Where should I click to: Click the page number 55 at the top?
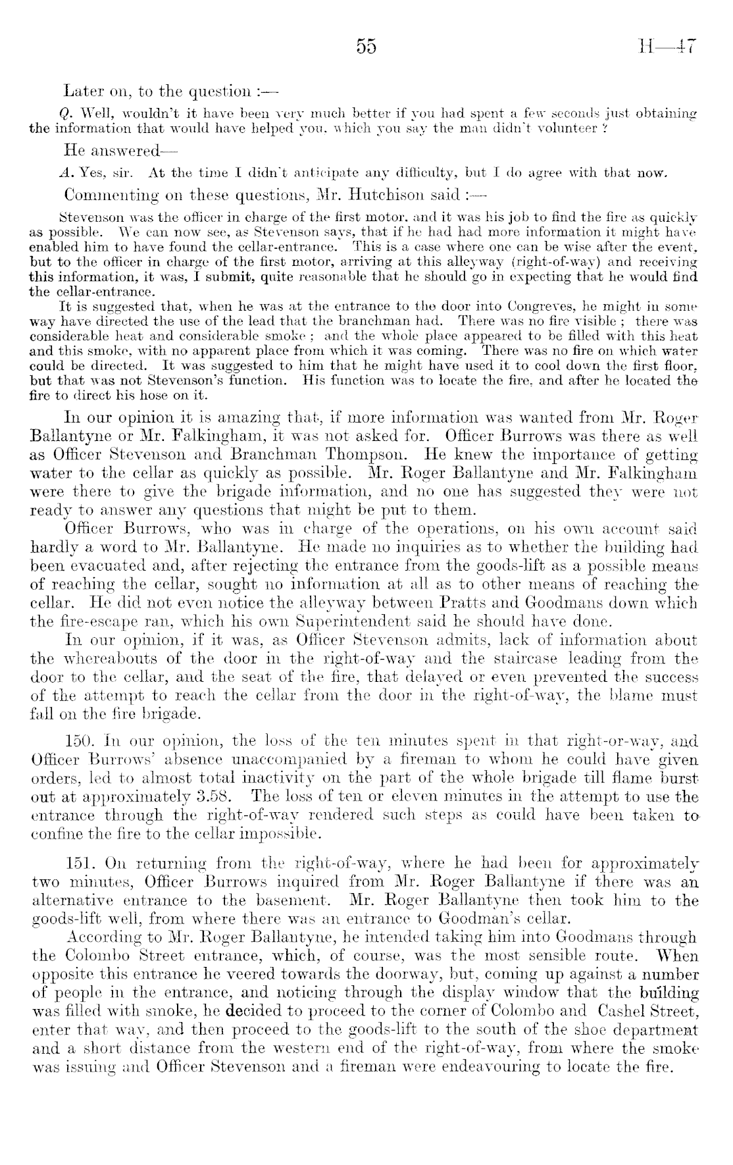pyautogui.click(x=366, y=47)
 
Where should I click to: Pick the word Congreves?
pyautogui.click(x=474, y=305)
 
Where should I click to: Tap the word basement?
pyautogui.click(x=306, y=900)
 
